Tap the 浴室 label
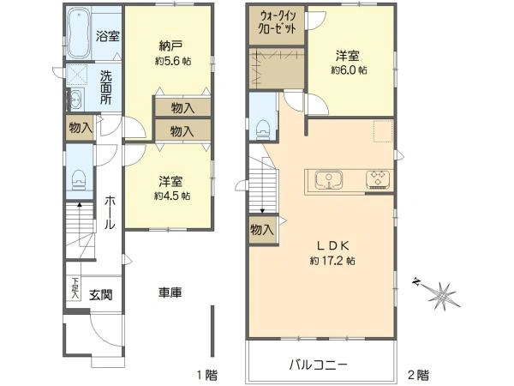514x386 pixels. point(107,37)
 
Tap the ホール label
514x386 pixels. point(110,211)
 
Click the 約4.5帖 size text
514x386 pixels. point(169,196)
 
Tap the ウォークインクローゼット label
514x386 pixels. point(278,22)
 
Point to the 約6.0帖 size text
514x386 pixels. point(350,70)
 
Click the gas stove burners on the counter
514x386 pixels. point(377,180)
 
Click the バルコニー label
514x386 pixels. point(317,365)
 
